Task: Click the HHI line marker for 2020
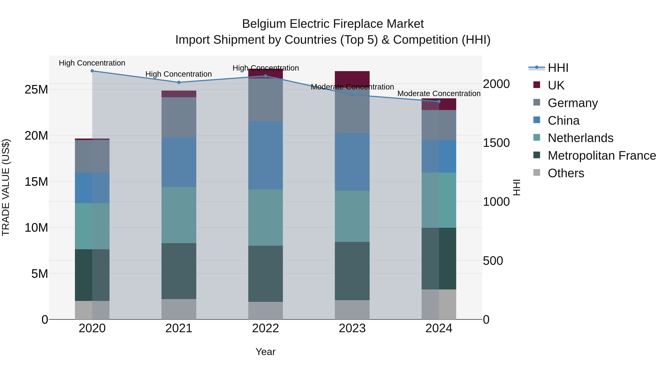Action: point(92,71)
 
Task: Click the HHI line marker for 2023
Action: point(352,95)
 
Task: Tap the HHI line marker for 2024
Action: point(439,101)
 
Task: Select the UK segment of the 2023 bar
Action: point(352,78)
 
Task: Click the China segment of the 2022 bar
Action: point(265,155)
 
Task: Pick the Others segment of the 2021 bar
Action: point(179,309)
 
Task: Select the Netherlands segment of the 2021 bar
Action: point(179,215)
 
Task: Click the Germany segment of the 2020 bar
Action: point(92,156)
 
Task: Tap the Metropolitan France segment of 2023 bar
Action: point(352,271)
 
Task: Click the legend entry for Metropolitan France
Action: point(602,156)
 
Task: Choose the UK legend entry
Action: point(556,85)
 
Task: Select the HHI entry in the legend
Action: point(558,68)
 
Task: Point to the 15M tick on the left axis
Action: point(36,182)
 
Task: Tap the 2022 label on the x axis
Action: point(265,328)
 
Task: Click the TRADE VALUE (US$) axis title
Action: point(6,187)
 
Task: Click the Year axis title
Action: point(265,352)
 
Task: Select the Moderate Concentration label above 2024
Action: point(439,94)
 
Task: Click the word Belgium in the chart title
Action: point(264,24)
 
